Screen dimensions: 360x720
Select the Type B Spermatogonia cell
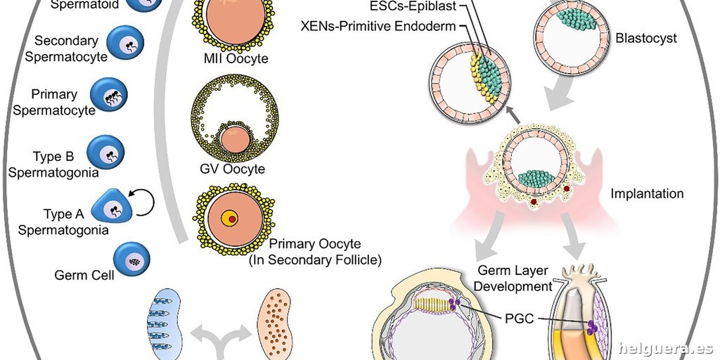tap(105, 151)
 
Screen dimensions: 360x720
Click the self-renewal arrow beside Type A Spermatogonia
tap(145, 203)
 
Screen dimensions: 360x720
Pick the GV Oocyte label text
tap(232, 169)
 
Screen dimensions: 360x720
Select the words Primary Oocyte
tap(315, 244)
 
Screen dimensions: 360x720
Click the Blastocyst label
tap(645, 39)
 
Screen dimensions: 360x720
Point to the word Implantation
tap(647, 193)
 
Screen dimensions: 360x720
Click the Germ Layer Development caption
tap(515, 278)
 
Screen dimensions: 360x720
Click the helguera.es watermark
tap(665, 348)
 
